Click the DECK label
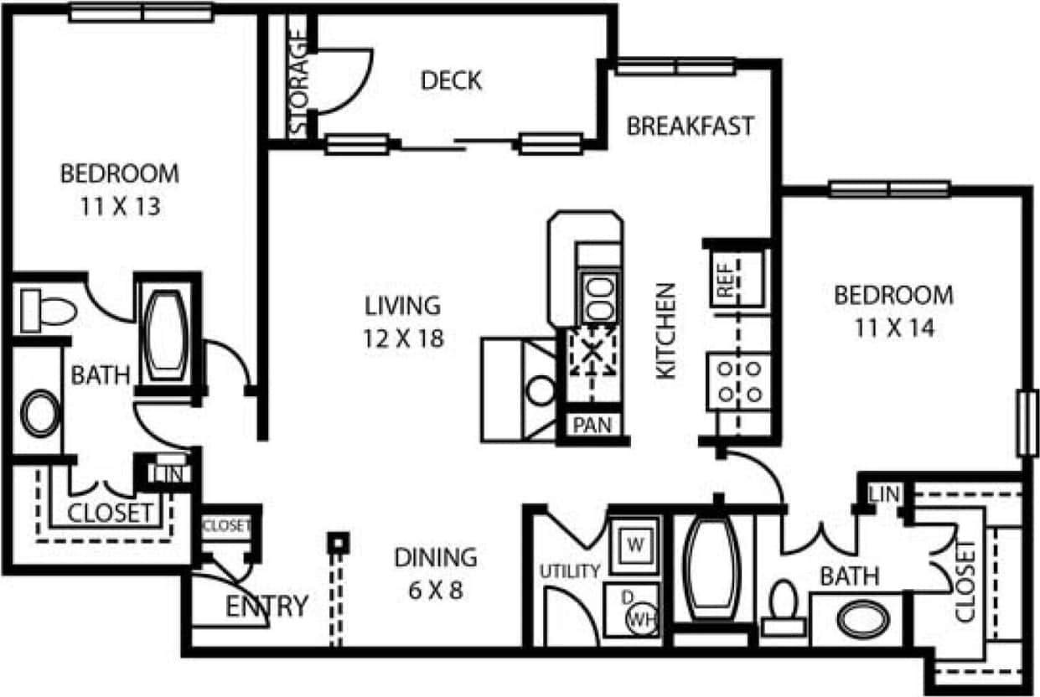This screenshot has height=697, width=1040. pos(451,80)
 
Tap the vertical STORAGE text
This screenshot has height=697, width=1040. pos(299,85)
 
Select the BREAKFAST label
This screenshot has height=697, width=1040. pos(691,126)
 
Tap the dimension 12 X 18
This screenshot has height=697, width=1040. pos(403,338)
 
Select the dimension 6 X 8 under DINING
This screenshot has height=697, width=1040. pos(435,590)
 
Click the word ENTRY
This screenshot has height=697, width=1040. pos(266,606)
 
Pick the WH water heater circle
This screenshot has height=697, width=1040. pos(641,621)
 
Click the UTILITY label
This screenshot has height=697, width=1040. pos(570,571)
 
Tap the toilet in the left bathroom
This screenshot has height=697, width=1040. pos(49,308)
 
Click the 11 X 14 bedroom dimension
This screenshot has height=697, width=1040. pos(893,328)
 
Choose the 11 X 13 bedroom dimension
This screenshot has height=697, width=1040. pos(120,206)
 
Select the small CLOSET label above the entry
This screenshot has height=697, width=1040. pos(226,526)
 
